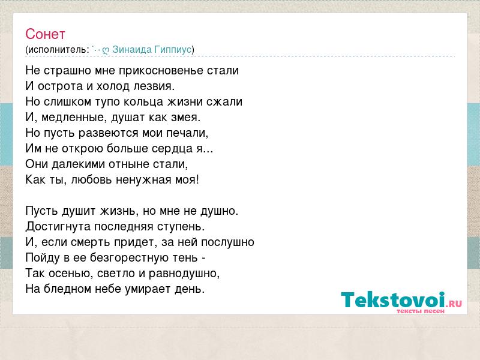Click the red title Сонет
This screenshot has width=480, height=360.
point(45,34)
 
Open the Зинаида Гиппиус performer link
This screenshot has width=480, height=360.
point(152,50)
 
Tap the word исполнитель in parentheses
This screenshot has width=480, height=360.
point(56,50)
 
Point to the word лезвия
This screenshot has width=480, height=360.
point(154,86)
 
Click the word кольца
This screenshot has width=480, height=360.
point(143,102)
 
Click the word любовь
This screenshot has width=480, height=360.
point(91,179)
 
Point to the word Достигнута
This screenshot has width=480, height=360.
point(58,227)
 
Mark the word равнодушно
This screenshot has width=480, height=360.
point(184,274)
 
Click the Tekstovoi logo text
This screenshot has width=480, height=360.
point(393,299)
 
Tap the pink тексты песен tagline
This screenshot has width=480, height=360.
point(421,311)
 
